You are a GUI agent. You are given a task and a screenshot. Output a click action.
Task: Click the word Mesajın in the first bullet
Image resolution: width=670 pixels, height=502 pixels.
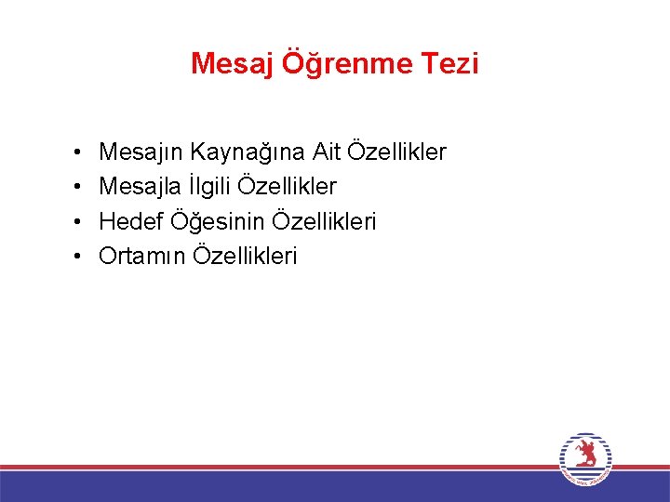click(141, 152)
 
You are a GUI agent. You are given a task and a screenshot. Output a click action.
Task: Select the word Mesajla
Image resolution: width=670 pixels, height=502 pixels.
click(141, 186)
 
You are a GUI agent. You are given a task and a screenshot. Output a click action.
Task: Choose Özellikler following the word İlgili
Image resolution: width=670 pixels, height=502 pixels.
click(288, 186)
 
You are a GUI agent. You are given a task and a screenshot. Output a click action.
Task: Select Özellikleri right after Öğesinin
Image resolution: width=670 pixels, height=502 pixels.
click(325, 221)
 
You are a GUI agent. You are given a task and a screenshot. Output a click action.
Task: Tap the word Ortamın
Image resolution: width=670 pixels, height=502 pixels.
click(142, 257)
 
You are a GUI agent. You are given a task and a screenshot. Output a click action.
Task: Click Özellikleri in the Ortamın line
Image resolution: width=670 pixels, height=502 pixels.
click(246, 257)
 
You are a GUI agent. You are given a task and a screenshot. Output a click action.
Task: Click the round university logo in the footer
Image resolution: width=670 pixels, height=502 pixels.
click(585, 458)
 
